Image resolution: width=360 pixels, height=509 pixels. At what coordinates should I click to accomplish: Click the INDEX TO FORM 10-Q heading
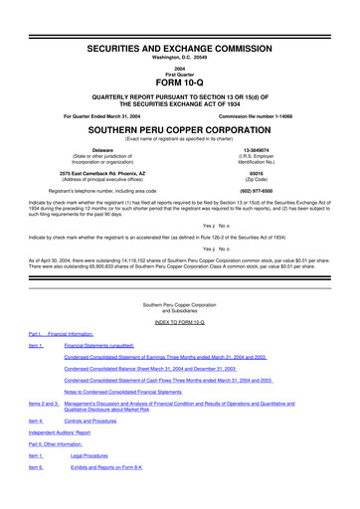click(179, 324)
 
